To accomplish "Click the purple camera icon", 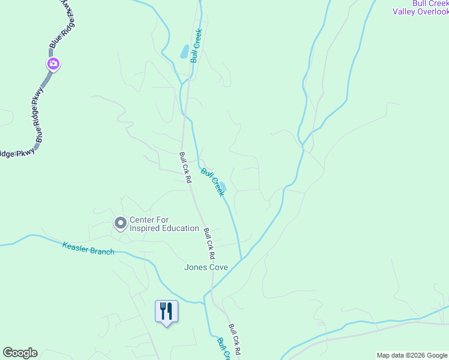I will coord(53,64).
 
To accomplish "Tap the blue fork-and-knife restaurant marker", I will coord(166,311).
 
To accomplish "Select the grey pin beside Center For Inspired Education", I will coord(120,224).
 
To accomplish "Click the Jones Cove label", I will coord(206,267).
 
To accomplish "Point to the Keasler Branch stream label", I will coord(88,248).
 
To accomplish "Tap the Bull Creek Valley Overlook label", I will coord(420,7).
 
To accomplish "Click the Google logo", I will coord(20,353).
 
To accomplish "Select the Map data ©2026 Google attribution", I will coord(412,355).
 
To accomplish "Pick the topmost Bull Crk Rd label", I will coord(185,167).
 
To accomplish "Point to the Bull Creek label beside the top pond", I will coord(196,46).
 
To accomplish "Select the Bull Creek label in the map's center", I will coord(212,182).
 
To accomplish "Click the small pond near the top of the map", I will coord(184,52).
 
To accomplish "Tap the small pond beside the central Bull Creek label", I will coord(223,187).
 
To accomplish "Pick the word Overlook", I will coord(431,11).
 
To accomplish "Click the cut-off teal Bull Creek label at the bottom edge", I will coord(223,349).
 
